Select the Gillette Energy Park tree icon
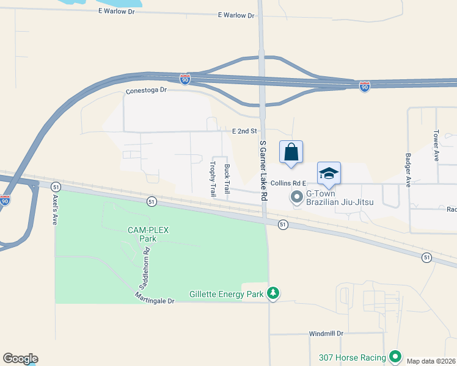click(274, 294)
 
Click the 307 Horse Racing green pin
click(395, 357)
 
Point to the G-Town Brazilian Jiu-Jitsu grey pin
click(297, 196)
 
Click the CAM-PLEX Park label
click(148, 234)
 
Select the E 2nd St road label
click(243, 131)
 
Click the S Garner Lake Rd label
click(263, 171)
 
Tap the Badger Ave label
click(408, 164)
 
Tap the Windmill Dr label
click(326, 334)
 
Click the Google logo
click(20, 359)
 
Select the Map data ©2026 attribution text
click(431, 361)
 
